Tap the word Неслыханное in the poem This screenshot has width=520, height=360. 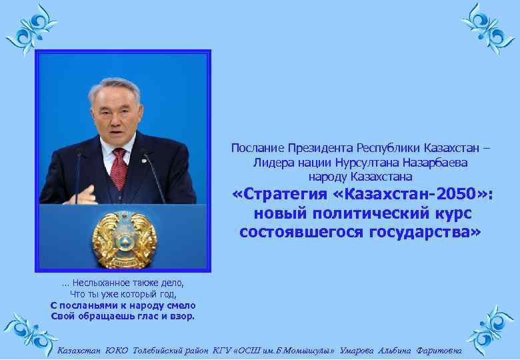click(106, 283)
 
